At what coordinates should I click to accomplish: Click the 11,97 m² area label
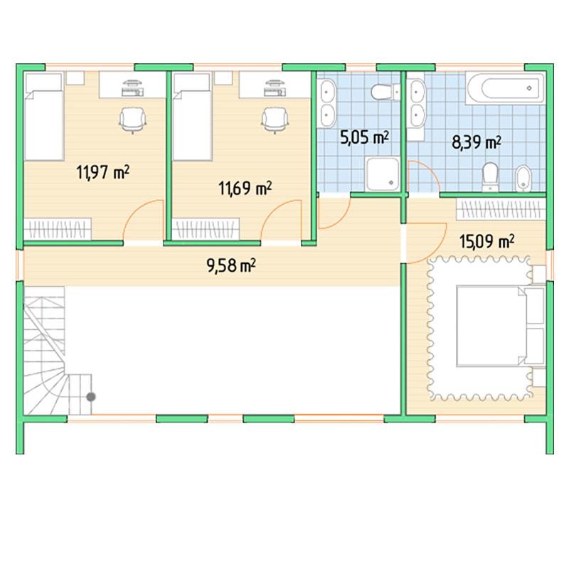click(102, 172)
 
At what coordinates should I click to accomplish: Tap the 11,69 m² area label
click(245, 188)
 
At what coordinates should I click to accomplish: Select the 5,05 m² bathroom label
click(364, 137)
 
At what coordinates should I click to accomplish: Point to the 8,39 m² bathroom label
click(477, 142)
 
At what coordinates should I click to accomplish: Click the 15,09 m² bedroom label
click(486, 241)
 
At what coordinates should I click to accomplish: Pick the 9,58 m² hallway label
click(231, 265)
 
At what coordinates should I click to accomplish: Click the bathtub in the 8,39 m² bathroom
click(506, 88)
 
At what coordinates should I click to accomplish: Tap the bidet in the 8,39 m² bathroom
click(523, 179)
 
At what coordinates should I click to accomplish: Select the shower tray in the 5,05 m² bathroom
click(383, 174)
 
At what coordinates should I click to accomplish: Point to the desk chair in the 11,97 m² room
click(132, 120)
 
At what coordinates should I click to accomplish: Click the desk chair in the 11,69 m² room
click(275, 120)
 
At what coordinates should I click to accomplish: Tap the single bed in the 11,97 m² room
click(44, 117)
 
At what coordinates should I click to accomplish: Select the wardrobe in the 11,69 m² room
click(206, 229)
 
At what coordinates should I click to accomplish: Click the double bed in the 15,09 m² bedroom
click(501, 326)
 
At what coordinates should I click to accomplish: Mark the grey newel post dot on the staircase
click(91, 397)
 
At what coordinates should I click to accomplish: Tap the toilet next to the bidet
click(490, 176)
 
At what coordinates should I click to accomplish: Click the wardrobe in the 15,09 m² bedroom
click(501, 209)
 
